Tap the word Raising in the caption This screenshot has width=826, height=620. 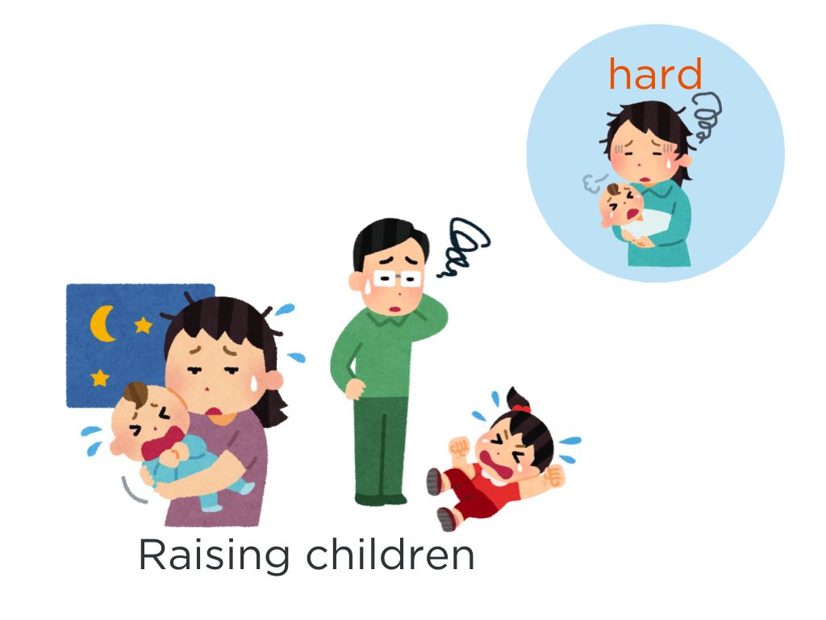214,555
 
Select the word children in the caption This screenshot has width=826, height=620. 390,554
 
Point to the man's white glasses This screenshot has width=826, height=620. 397,279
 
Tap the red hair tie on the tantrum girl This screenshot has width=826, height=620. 522,408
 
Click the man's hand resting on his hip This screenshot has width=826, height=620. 355,388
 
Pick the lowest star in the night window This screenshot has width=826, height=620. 99,378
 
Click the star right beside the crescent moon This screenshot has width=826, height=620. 143,325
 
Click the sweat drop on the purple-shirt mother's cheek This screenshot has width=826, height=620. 253,383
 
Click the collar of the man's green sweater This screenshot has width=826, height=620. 393,317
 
